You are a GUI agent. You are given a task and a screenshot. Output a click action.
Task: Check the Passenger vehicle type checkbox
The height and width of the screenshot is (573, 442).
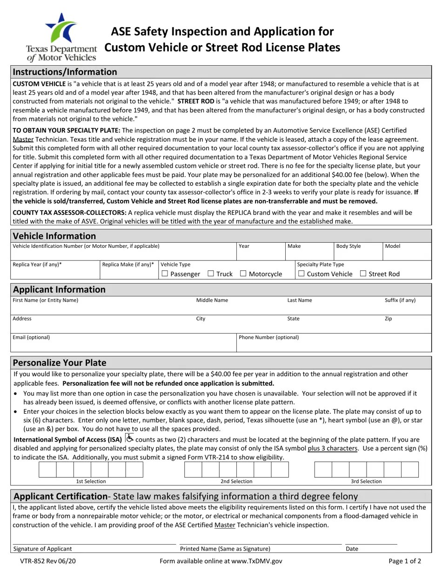point(164,274)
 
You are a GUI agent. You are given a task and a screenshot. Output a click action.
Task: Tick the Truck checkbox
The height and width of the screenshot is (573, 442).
point(210,274)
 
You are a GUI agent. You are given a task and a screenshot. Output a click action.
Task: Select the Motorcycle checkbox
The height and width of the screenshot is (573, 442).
point(243,274)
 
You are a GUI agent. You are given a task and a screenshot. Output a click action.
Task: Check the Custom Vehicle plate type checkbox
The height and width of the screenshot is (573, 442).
point(301,274)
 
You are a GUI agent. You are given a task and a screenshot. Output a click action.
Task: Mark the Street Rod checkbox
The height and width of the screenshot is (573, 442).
point(363,274)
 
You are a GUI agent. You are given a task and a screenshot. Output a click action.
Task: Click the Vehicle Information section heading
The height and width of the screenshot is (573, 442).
point(54,236)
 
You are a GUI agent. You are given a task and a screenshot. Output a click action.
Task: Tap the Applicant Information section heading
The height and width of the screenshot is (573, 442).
point(59,289)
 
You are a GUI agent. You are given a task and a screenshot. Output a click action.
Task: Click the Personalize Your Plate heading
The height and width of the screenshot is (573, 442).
point(59,362)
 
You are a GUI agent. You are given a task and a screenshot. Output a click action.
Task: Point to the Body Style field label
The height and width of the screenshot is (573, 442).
point(348,246)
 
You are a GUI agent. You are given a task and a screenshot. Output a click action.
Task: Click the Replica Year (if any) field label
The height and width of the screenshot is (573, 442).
point(37,264)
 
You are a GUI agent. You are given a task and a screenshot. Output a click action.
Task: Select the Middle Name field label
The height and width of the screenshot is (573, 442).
point(212,300)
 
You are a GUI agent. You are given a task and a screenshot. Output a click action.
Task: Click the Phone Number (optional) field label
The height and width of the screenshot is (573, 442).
point(268,337)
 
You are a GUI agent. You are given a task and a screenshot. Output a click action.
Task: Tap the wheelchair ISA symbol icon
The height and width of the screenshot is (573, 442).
point(129,438)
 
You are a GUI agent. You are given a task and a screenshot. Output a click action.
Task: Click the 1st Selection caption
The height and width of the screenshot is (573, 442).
point(91,481)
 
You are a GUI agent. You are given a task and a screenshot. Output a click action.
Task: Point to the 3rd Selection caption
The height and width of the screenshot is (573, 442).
point(366,481)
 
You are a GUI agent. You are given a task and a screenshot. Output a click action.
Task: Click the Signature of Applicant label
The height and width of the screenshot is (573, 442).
point(42,549)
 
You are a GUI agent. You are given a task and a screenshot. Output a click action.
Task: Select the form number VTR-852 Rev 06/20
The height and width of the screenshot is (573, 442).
point(47,561)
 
